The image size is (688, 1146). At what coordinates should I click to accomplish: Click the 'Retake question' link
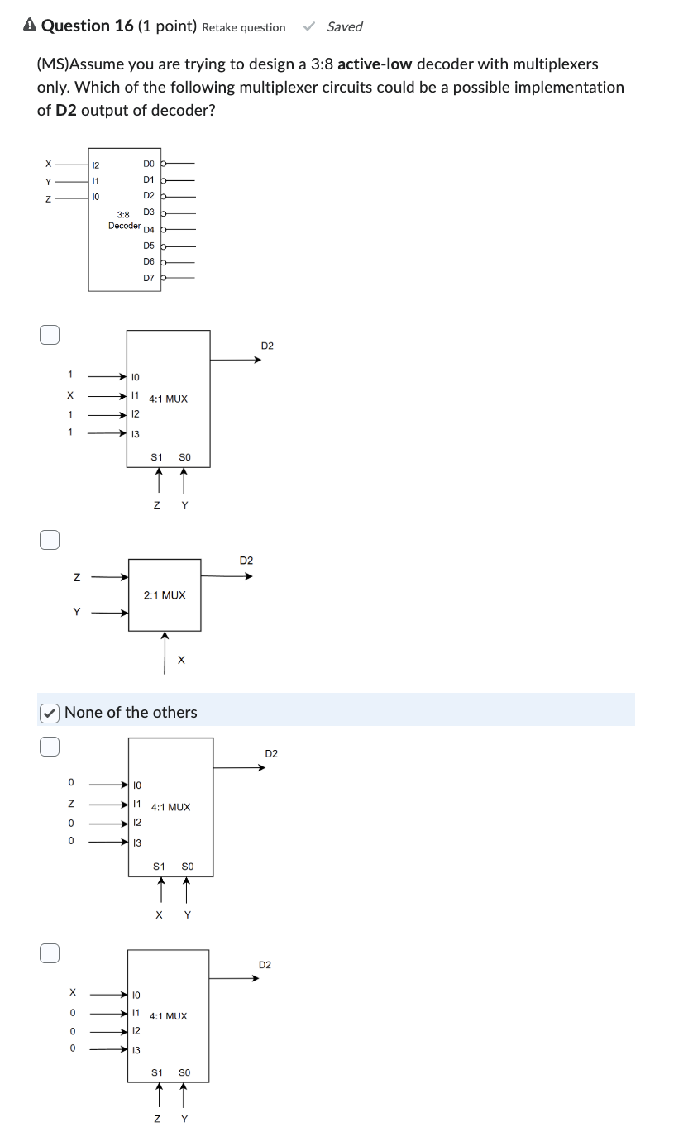(x=243, y=27)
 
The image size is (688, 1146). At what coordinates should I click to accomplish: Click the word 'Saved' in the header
(x=344, y=26)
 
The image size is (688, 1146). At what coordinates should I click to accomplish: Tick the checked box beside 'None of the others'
(x=50, y=712)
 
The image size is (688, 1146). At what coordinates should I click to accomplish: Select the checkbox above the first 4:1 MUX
(x=50, y=334)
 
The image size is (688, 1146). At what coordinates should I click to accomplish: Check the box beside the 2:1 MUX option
(x=50, y=540)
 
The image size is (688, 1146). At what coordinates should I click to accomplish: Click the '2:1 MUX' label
(x=165, y=595)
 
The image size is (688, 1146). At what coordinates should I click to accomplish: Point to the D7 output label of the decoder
(x=149, y=278)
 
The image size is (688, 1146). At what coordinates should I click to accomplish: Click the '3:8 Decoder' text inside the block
(x=123, y=220)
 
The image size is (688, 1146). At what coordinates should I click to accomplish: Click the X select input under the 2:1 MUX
(x=181, y=660)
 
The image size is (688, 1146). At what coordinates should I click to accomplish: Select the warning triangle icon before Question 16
(x=30, y=26)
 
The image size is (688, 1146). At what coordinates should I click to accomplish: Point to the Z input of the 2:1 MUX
(x=77, y=577)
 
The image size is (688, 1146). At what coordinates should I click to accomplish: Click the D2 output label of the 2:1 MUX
(x=246, y=561)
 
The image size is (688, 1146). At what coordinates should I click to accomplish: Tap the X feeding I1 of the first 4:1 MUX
(x=70, y=394)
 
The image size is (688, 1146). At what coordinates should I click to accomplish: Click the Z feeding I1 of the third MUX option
(x=71, y=803)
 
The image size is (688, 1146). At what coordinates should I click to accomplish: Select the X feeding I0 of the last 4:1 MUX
(x=72, y=991)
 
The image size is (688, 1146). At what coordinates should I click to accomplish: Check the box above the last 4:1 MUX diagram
(x=50, y=953)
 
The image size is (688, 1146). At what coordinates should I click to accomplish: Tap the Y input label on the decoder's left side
(x=48, y=181)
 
